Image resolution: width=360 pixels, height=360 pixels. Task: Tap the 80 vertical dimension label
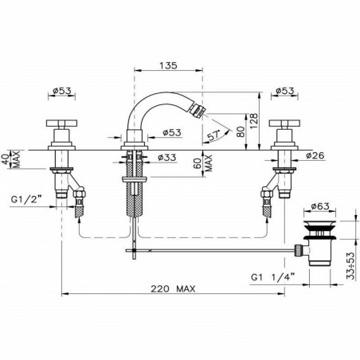[237, 128]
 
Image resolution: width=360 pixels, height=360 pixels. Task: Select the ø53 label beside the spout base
[172, 132]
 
